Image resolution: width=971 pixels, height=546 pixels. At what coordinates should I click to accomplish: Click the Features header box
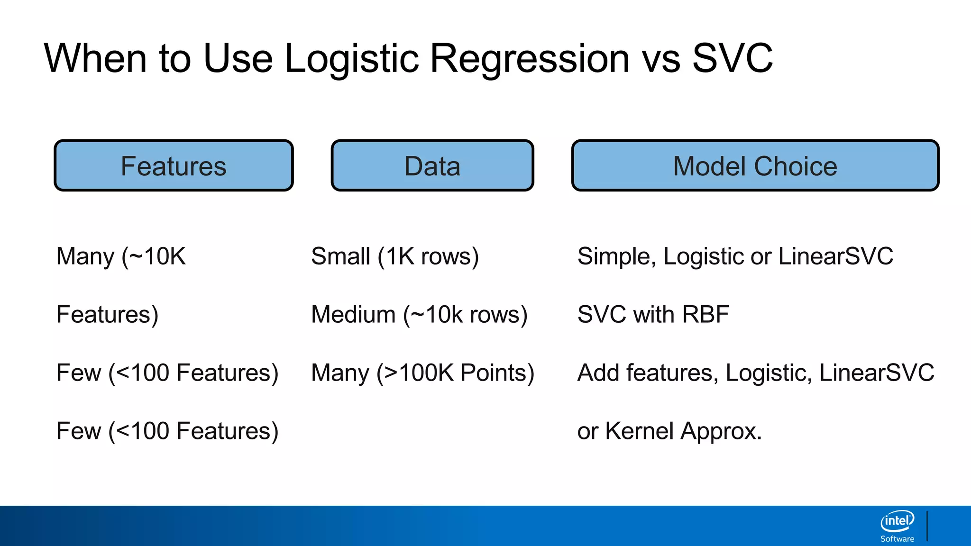174,166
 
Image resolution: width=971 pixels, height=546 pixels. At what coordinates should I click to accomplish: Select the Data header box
432,166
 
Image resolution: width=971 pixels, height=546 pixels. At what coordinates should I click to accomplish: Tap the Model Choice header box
755,166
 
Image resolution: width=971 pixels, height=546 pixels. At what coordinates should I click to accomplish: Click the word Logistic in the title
352,59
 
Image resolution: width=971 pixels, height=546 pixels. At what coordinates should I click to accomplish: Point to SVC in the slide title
732,58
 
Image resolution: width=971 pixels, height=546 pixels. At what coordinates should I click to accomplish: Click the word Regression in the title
529,59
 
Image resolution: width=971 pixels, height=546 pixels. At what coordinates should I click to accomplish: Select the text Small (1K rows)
394,256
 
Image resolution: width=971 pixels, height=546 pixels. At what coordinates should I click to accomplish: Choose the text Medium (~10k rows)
419,315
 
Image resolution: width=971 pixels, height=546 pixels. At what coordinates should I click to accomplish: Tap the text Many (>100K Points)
422,373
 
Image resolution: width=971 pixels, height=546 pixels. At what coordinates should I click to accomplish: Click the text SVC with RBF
653,315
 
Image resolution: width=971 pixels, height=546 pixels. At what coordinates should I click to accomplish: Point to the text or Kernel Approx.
669,431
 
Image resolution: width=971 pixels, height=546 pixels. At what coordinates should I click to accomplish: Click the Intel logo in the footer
897,521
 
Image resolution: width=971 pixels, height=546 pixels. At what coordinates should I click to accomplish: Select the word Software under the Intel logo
897,539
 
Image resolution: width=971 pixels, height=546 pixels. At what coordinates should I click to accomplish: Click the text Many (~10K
121,256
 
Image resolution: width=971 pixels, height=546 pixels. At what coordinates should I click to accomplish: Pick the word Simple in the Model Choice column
616,256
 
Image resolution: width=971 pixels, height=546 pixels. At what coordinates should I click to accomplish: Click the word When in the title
95,58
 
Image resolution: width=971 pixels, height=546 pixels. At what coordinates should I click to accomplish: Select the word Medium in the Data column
353,315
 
